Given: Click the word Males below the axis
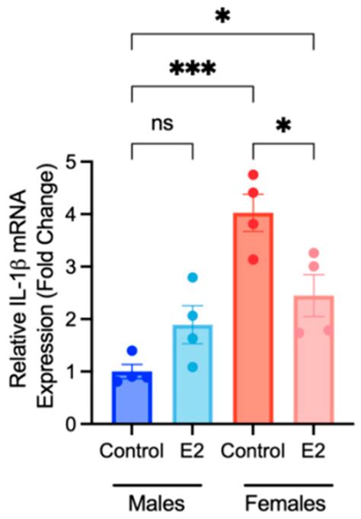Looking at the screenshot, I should click(162, 502).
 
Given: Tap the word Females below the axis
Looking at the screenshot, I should click(283, 502).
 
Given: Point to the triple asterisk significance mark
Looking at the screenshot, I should click(193, 71).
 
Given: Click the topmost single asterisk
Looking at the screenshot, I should click(222, 17).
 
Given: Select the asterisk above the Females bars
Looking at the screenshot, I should click(283, 126).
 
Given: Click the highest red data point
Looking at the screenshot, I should click(254, 175).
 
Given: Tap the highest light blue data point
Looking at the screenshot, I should click(193, 277).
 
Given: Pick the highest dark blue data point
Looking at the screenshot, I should click(133, 351).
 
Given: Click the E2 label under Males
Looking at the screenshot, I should click(193, 450).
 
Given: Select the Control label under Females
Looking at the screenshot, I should click(254, 450).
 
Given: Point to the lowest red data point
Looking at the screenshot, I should click(254, 260).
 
